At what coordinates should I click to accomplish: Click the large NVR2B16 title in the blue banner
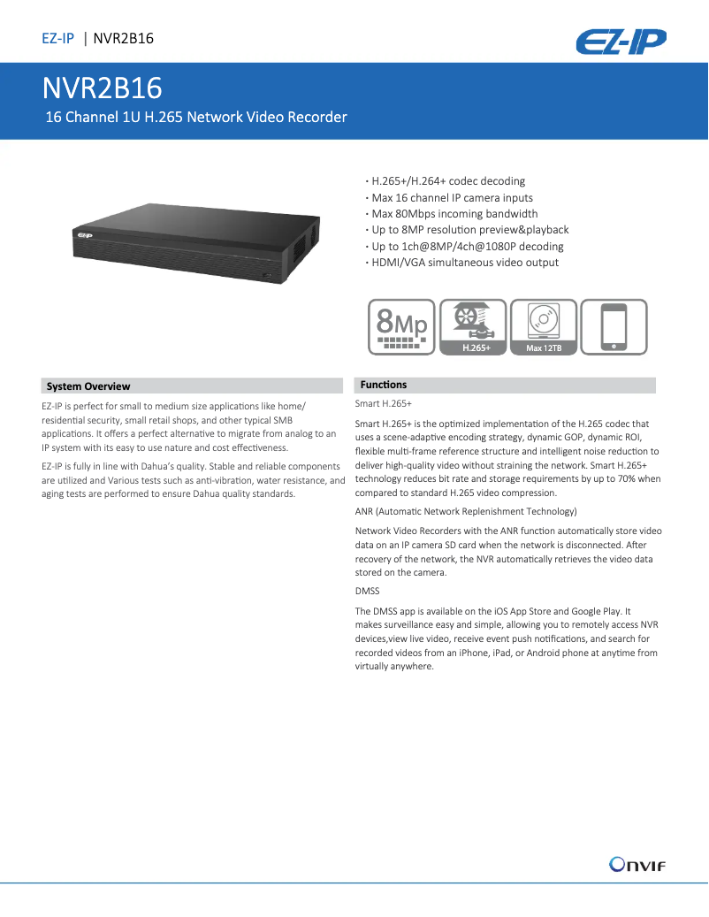pos(102,88)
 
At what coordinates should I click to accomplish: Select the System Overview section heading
pos(88,386)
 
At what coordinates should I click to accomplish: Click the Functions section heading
pos(384,385)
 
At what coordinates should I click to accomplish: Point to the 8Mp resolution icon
pos(402,327)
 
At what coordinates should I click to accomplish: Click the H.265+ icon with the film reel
pos(473,327)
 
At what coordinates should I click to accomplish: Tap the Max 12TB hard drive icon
pos(544,327)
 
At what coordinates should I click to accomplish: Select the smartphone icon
pos(614,327)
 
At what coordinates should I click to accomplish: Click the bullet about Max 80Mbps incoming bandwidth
pos(454,214)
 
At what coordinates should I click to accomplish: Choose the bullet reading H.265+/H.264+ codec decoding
pos(448,181)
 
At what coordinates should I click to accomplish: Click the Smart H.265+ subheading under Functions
pos(384,403)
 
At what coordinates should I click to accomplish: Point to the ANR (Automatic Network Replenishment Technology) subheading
pos(466,511)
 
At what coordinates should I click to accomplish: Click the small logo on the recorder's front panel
pos(85,235)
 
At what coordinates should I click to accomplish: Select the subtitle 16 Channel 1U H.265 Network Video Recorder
pos(196,117)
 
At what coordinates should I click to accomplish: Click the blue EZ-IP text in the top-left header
pos(57,38)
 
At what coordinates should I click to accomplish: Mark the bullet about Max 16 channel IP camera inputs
pos(452,198)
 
